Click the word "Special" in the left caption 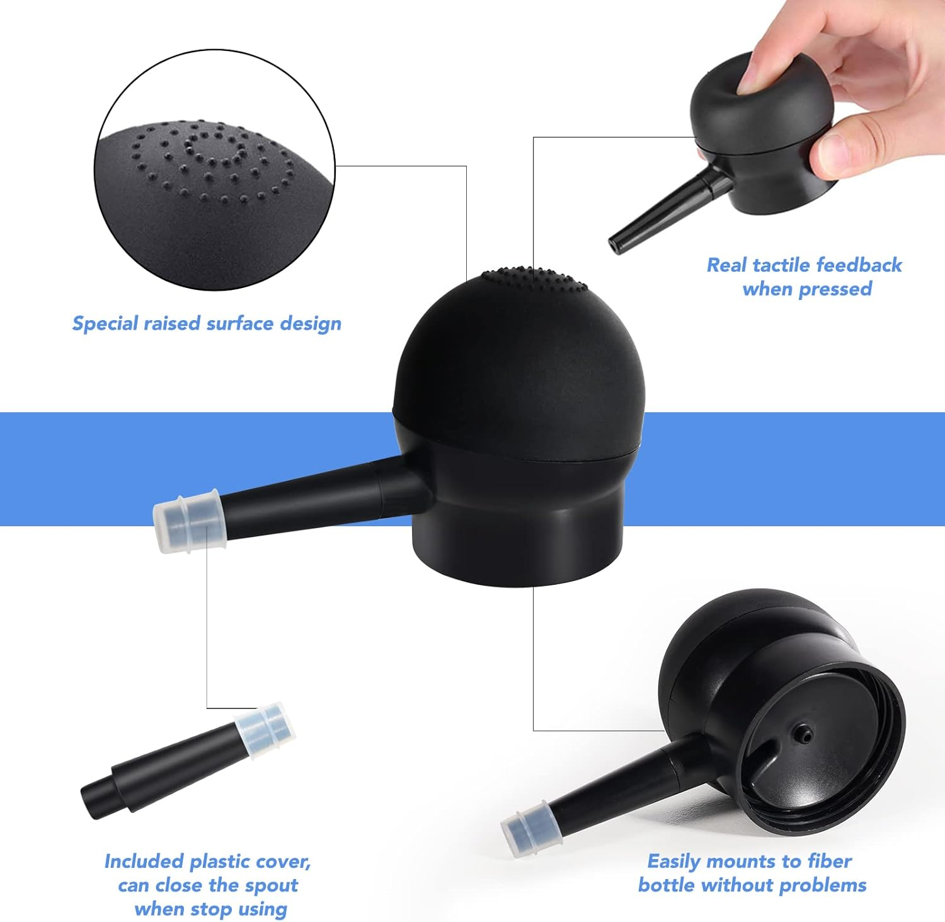(x=106, y=324)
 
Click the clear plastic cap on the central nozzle (x=186, y=522)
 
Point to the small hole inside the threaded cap (x=804, y=732)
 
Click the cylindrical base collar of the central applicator (x=517, y=548)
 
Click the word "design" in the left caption (x=310, y=324)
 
